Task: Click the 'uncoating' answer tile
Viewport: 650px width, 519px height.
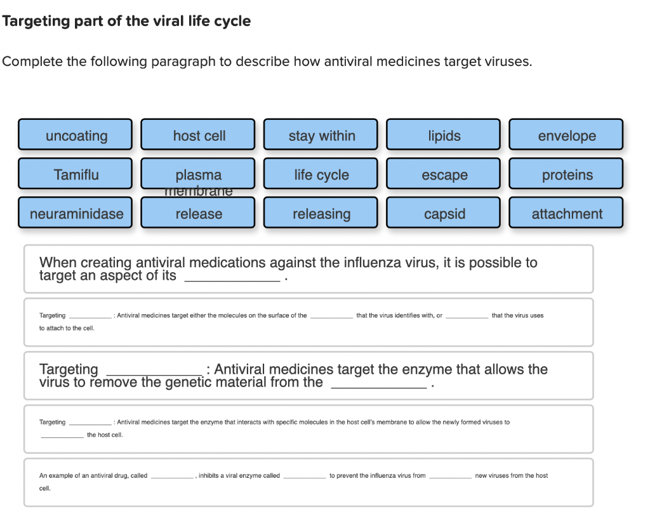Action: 76,135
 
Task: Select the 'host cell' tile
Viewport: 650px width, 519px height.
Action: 198,135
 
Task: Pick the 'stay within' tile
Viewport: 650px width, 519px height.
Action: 321,135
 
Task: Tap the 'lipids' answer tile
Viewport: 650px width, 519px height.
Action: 444,135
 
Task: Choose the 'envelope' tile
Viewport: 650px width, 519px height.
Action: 566,135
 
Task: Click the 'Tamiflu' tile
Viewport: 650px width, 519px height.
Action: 76,174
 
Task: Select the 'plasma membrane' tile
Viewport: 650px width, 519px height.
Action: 198,174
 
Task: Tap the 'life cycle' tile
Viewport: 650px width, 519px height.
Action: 321,174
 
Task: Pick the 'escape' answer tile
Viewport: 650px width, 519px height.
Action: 444,174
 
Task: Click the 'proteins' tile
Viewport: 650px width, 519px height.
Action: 566,174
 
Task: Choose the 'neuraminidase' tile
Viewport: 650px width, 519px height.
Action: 76,213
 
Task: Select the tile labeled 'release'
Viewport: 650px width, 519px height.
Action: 198,213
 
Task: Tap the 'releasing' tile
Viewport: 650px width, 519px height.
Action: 321,213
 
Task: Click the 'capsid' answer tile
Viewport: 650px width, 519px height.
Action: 444,213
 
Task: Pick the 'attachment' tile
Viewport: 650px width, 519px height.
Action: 566,213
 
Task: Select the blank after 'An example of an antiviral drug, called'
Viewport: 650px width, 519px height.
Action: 172,475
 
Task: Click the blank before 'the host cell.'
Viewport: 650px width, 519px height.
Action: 62,435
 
